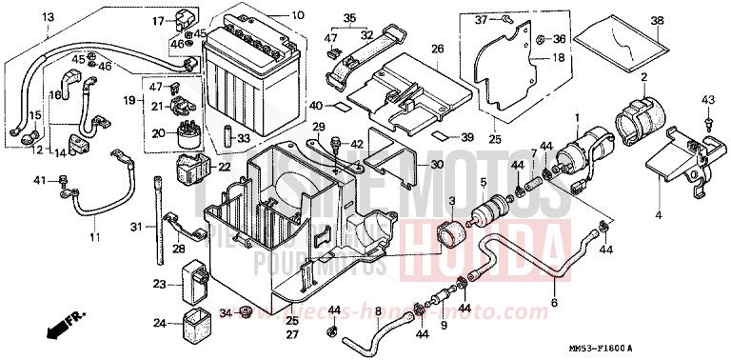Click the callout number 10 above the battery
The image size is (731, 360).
tap(298, 15)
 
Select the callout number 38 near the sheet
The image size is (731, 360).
tap(657, 21)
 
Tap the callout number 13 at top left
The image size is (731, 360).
tap(48, 17)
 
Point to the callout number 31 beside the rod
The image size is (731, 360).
tap(136, 226)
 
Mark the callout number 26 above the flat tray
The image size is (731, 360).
tap(437, 49)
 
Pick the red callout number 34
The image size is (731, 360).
tap(226, 312)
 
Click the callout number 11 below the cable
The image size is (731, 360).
tap(94, 235)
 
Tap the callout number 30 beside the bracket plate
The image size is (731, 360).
tap(437, 165)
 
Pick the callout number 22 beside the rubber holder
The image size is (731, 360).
tap(226, 168)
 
